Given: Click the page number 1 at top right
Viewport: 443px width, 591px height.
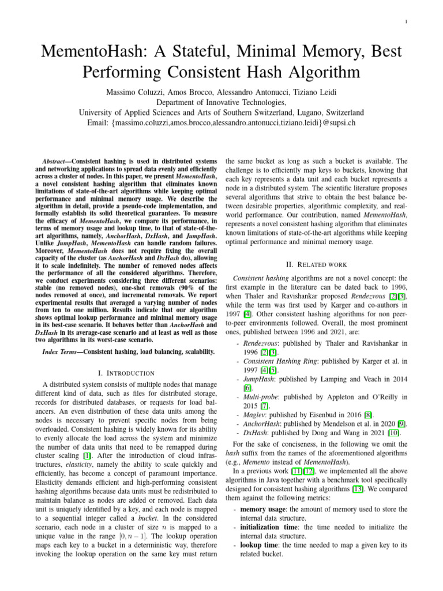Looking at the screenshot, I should [x=407, y=22].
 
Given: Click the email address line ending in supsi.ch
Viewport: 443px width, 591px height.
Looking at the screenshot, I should [x=221, y=122].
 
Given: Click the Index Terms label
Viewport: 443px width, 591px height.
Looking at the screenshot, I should [x=62, y=351].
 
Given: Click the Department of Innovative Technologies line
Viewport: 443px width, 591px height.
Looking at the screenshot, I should [x=221, y=102].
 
